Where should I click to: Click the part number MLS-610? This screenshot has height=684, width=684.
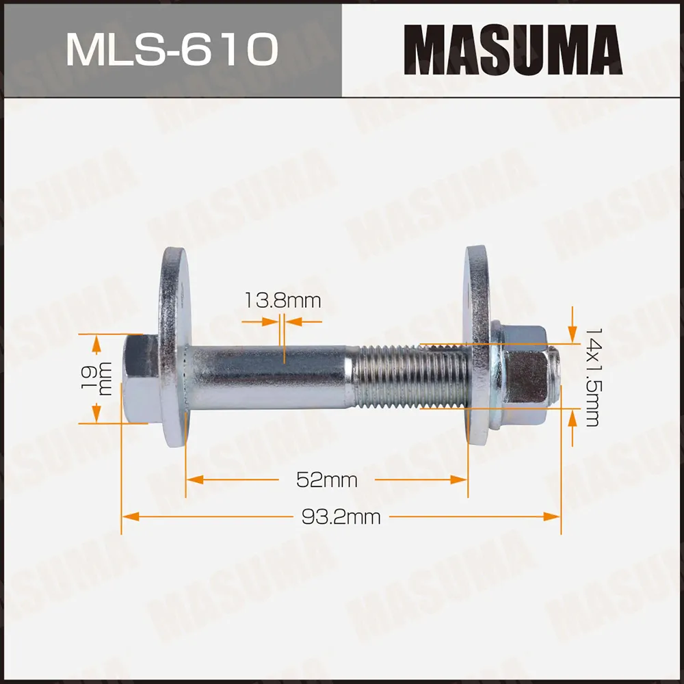[x=171, y=49]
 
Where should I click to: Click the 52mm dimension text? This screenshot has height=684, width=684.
[x=326, y=479]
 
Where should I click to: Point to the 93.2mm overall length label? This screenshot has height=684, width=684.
[x=341, y=516]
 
